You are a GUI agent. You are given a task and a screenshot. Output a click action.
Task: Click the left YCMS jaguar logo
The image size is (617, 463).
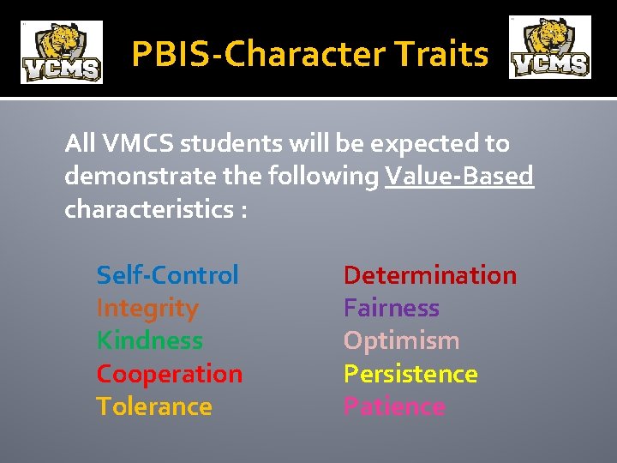tap(61, 52)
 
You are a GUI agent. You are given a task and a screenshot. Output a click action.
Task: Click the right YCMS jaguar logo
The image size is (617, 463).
tap(549, 48)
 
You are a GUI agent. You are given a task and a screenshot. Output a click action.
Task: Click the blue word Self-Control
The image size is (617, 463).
tap(167, 275)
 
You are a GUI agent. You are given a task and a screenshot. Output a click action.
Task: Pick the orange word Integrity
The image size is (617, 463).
tap(147, 308)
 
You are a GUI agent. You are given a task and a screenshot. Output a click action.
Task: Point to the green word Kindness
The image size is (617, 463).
tap(149, 340)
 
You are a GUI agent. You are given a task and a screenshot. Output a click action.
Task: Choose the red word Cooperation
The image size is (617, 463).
tap(169, 374)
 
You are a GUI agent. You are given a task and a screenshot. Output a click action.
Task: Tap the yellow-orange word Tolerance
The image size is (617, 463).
tap(153, 406)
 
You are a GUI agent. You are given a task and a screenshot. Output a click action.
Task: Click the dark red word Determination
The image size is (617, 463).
tap(429, 275)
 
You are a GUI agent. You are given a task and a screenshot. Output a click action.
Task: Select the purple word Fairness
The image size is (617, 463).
tap(391, 308)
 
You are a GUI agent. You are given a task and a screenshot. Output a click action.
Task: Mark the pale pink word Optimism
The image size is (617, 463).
tap(401, 340)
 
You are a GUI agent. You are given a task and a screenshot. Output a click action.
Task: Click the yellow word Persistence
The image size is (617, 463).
tap(410, 374)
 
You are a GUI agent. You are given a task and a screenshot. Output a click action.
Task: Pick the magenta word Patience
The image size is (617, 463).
tap(394, 406)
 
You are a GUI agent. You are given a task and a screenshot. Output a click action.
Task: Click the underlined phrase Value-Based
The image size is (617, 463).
tap(459, 177)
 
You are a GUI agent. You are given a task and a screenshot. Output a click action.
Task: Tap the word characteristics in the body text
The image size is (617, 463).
tap(147, 210)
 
